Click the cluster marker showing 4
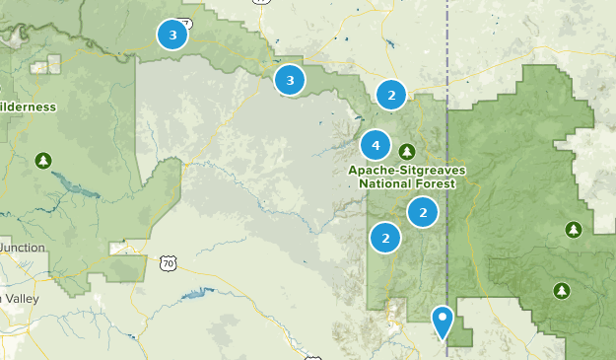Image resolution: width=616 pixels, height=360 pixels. click(376, 146)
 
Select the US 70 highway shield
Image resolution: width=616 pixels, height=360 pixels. click(169, 263)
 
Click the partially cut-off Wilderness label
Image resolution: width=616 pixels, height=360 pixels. click(28, 107)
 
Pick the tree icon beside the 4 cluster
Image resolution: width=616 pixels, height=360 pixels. click(407, 151)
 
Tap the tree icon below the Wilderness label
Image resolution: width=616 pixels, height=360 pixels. click(42, 160)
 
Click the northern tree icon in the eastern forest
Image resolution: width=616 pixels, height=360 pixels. click(574, 230)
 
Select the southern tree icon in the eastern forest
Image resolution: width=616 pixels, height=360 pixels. click(562, 291)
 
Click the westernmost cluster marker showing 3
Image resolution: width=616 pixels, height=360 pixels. click(173, 36)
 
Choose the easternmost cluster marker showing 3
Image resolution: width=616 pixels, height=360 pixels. click(290, 80)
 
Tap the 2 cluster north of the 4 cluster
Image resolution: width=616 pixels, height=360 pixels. click(391, 96)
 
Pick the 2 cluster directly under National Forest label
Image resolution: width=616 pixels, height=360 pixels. click(423, 211)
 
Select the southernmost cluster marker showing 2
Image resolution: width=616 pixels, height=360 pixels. click(385, 238)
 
